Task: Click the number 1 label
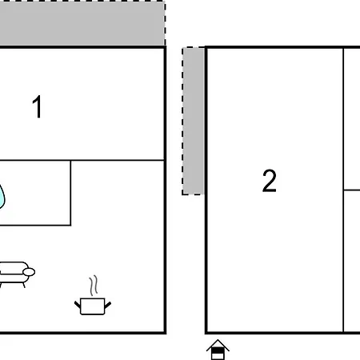click(x=38, y=106)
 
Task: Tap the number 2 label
click(x=270, y=181)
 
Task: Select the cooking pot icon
click(x=93, y=306)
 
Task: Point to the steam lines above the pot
click(x=94, y=286)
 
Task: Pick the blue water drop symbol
click(x=2, y=196)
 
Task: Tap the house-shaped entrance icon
click(x=218, y=350)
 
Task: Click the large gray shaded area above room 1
click(x=82, y=23)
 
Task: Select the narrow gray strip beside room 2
click(x=194, y=121)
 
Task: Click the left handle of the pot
click(x=78, y=305)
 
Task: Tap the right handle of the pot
click(x=108, y=305)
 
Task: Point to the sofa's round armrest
click(x=29, y=272)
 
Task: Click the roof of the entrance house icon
click(x=218, y=345)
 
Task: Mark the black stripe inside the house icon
click(x=218, y=350)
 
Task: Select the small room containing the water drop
click(x=35, y=193)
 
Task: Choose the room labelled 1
click(x=82, y=104)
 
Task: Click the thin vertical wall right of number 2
click(x=343, y=190)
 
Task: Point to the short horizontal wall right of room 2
click(x=352, y=190)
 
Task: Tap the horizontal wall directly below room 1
click(x=82, y=160)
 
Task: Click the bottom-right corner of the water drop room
click(x=70, y=226)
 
